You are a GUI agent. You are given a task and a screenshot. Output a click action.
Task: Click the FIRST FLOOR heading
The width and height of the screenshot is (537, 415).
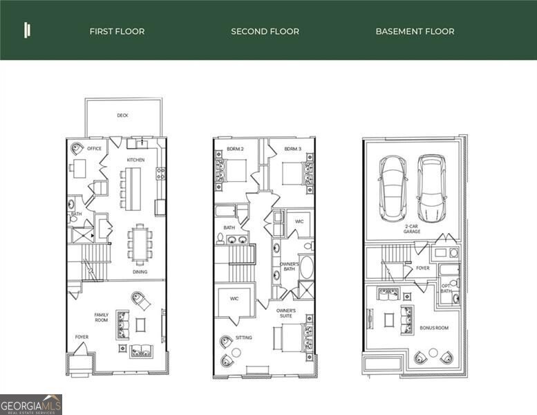pos(117,31)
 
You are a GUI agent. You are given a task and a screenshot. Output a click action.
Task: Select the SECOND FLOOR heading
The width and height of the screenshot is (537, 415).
pos(265,31)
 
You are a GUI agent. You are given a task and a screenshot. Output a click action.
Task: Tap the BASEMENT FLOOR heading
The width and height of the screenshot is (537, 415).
pos(415,31)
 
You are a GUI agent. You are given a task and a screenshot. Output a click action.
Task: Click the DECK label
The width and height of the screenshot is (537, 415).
pos(122,116)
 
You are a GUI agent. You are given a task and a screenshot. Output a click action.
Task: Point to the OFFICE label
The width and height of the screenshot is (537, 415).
pos(95,148)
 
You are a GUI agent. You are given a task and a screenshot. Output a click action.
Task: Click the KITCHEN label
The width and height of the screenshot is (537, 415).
pos(135,160)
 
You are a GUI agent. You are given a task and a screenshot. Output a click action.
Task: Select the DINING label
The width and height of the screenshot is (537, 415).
pos(140,272)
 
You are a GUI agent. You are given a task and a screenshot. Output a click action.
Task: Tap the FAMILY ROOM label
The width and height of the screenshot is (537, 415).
pos(102,318)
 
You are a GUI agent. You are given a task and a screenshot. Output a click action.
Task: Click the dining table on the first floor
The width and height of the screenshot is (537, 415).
pos(140,243)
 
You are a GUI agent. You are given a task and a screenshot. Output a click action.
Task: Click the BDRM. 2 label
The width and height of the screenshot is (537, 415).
pos(235,149)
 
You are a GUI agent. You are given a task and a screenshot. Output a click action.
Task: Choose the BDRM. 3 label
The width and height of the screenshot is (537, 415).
pos(292,149)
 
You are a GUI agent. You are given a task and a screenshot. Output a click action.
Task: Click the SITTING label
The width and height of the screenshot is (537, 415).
pos(243,338)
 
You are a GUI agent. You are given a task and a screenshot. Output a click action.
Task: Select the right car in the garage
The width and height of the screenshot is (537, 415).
pos(431,187)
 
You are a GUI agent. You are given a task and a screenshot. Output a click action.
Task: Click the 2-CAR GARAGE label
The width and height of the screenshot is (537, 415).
pos(413,230)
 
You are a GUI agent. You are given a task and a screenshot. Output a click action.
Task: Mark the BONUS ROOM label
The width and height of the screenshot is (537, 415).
pos(434,328)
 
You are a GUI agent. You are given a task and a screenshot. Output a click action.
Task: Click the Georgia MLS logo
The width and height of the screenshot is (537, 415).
pos(31,404)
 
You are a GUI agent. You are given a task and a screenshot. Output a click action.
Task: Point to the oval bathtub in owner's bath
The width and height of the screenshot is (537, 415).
pos(305,267)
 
